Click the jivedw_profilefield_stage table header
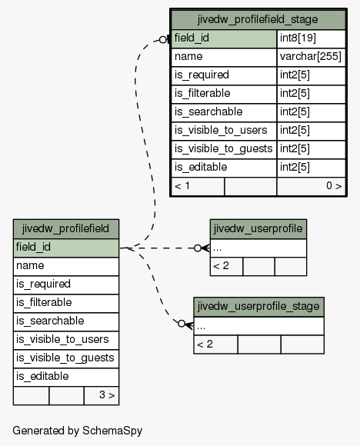coord(258,20)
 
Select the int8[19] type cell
coord(311,38)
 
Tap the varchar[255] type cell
coord(311,57)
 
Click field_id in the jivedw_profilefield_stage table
coord(224,38)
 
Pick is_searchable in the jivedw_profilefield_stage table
coord(224,112)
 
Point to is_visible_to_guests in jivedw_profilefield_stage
coord(224,150)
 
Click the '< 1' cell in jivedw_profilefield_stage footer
coord(198,187)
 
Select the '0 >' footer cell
coord(311,187)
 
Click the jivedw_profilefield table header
coord(66,229)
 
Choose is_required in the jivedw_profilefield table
coord(66,285)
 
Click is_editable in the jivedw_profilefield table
coord(66,377)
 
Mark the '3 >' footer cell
coord(102,396)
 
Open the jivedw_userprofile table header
coord(258,229)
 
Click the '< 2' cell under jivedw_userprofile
coord(226,267)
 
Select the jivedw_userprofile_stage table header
coord(258,307)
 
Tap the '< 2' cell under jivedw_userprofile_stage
coord(215,344)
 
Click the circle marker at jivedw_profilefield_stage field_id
coord(163,40)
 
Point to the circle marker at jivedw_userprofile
coord(198,248)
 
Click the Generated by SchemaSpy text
coord(78,431)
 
